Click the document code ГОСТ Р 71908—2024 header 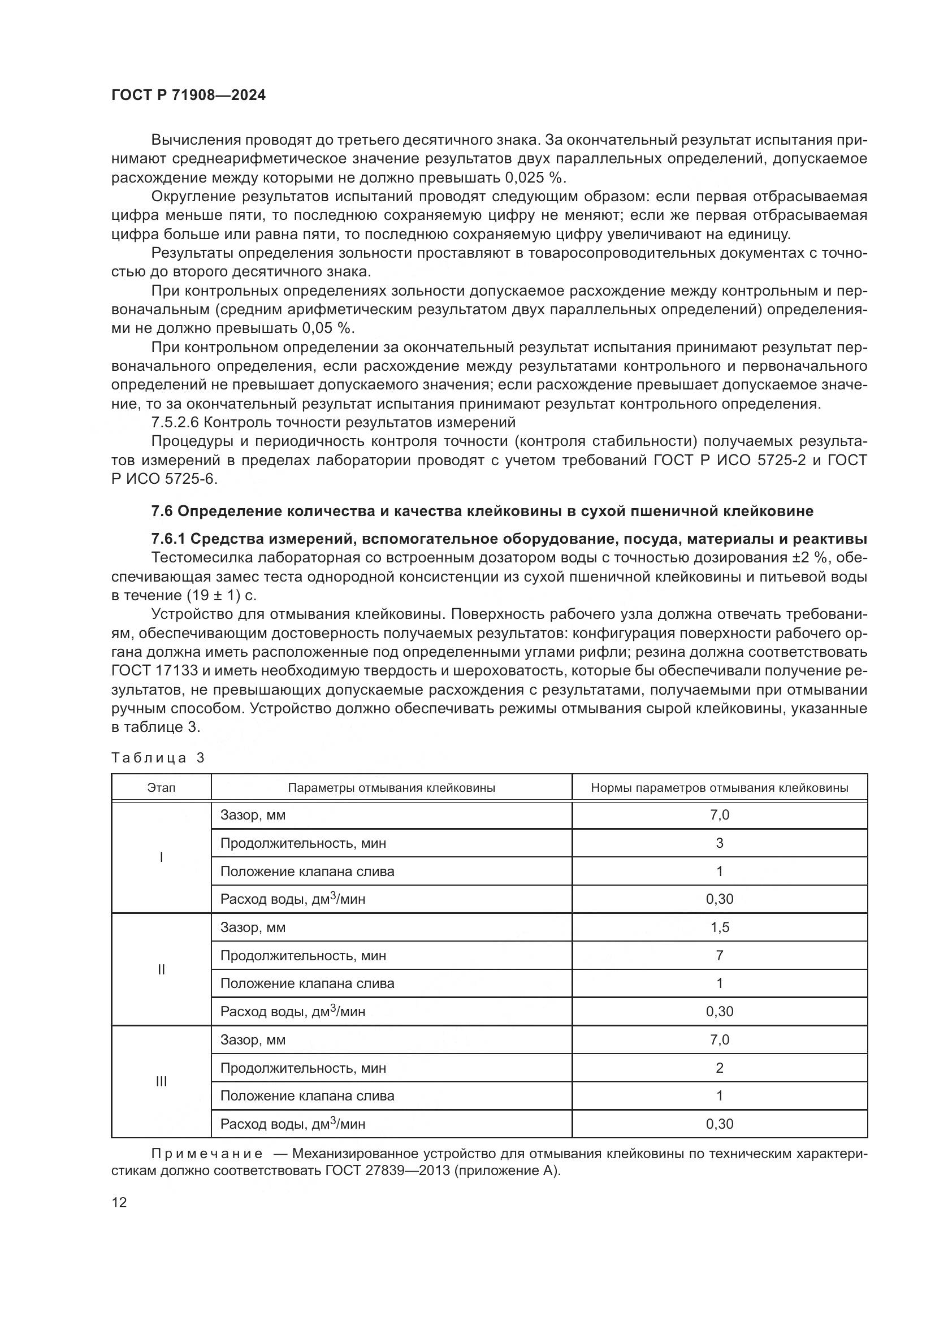(x=188, y=96)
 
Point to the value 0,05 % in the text (x=328, y=328)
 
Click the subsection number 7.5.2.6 (x=175, y=423)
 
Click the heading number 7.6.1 (x=168, y=539)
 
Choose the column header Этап (x=161, y=788)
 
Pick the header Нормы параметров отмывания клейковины (x=719, y=788)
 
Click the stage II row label (x=161, y=970)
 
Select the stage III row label (x=161, y=1081)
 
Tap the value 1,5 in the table (x=719, y=927)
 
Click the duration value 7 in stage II (x=719, y=956)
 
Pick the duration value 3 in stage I (x=719, y=843)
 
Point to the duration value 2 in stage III (x=719, y=1068)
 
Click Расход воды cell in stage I (x=292, y=899)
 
